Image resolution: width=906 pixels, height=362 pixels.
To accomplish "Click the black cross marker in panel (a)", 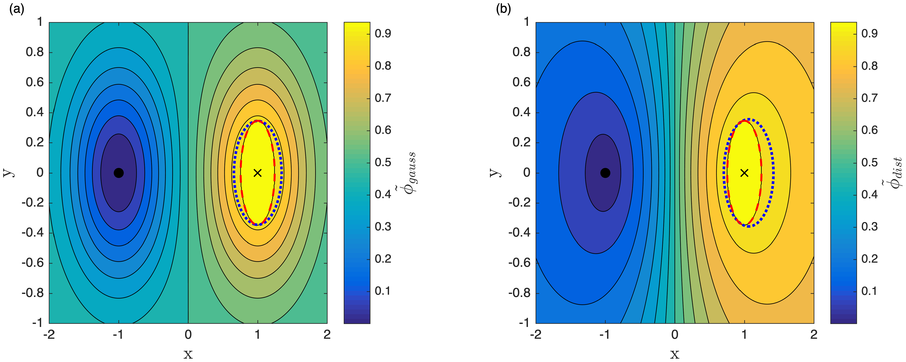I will [x=258, y=173].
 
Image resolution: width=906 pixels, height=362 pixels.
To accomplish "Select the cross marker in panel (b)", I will [x=744, y=173].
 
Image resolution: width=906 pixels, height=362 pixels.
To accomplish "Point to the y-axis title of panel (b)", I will [x=494, y=172].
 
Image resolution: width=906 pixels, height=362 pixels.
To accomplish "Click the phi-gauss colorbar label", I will [x=410, y=172].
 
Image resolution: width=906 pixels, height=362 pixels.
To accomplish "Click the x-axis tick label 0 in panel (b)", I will [x=675, y=334].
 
